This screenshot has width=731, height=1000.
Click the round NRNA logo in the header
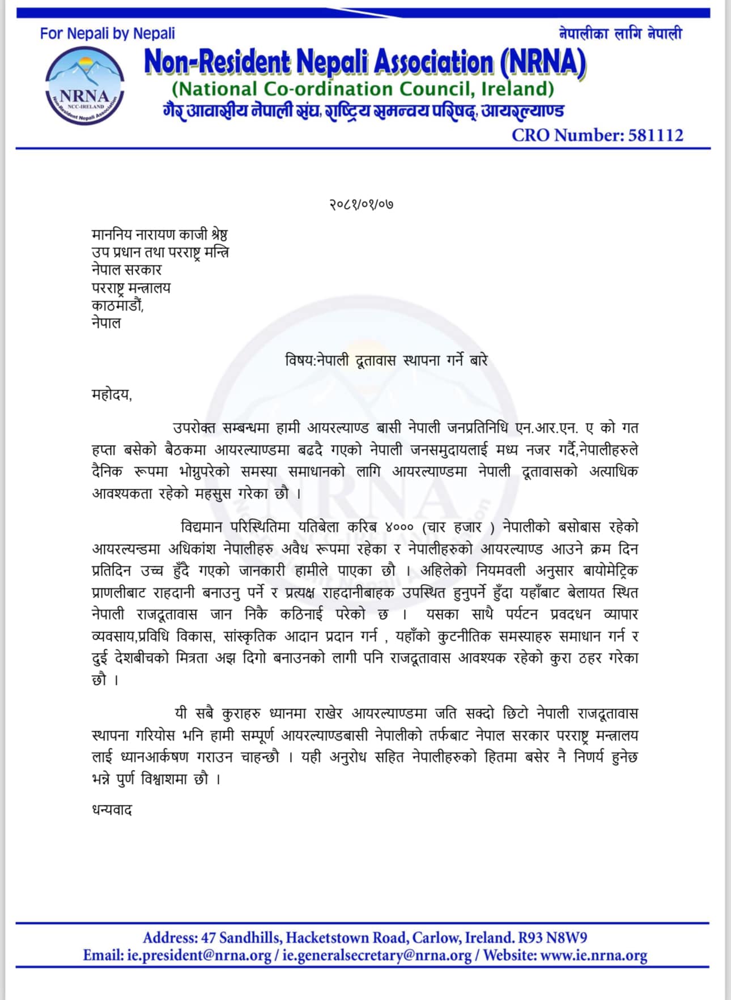[x=84, y=86]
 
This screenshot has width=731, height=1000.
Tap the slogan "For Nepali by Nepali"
[x=107, y=34]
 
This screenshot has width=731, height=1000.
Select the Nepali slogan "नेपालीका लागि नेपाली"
[x=620, y=34]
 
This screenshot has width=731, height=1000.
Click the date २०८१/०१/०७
[x=362, y=204]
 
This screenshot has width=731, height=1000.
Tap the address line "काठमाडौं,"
[x=118, y=305]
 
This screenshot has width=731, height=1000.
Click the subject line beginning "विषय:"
[x=386, y=360]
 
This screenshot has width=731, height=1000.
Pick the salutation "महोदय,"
[x=112, y=394]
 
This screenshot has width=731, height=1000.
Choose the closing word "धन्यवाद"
[x=112, y=810]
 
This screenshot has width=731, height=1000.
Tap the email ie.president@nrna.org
[x=199, y=956]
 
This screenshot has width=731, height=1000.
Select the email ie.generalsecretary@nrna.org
[x=377, y=956]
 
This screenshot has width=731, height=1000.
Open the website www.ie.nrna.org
[x=593, y=956]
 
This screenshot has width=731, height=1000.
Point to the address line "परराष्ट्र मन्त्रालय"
[x=131, y=288]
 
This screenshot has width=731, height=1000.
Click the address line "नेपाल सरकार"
[x=126, y=270]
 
